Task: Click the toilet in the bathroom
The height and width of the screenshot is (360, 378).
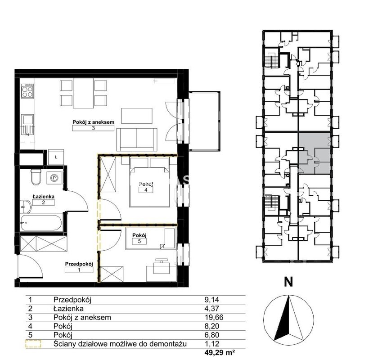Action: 36,177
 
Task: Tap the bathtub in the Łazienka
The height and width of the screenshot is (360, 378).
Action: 41,223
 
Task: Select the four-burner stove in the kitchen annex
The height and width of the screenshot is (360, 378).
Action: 27,90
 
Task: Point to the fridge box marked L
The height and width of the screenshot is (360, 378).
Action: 56,157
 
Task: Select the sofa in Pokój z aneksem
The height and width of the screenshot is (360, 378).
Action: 137,139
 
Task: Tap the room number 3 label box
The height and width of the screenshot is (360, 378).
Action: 93,128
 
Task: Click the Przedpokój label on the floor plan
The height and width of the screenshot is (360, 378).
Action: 79,264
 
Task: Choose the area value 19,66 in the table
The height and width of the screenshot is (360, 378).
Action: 214,317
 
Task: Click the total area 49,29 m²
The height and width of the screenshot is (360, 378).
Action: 220,353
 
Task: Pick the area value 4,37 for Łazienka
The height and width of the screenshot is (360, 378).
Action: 212,309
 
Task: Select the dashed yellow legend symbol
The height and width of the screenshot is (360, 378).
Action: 33,344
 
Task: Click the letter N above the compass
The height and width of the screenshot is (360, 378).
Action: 288,282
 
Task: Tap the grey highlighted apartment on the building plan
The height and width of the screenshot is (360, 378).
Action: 315,153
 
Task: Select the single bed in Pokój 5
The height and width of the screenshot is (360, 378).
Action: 150,238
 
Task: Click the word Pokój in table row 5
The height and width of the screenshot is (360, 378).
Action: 63,335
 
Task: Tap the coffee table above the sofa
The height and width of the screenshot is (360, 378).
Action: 137,116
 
